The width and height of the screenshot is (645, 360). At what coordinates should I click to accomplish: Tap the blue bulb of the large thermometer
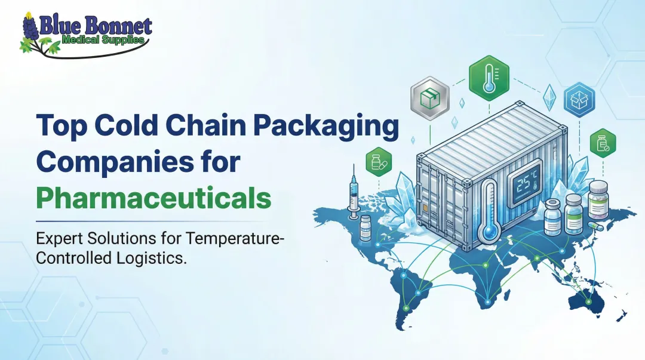click(491, 230)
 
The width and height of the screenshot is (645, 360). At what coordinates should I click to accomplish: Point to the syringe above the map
click(354, 191)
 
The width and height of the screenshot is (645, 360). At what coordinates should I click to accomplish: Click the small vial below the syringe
click(365, 227)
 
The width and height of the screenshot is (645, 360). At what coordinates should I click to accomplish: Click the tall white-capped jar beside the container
click(597, 201)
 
